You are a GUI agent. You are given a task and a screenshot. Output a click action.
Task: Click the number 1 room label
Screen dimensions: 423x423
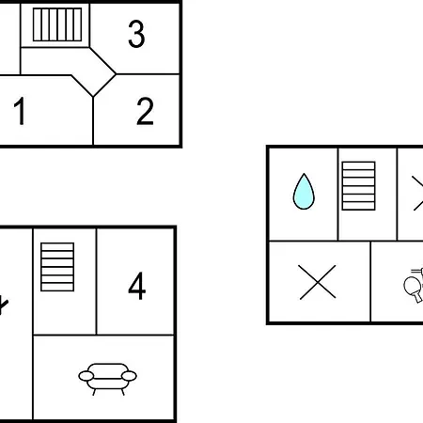(x=20, y=111)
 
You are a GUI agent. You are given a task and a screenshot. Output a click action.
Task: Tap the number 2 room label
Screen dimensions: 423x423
(x=145, y=111)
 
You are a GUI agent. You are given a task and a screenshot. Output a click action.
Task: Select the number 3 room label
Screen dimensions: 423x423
(x=136, y=34)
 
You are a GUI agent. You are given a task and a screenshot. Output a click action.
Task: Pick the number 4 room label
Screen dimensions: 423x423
(x=137, y=286)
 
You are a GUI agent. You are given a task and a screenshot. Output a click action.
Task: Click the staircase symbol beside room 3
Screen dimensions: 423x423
(x=57, y=24)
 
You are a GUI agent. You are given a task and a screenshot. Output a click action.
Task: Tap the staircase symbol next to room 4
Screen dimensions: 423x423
(x=57, y=267)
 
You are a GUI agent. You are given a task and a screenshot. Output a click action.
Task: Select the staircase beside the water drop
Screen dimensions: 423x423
(x=358, y=186)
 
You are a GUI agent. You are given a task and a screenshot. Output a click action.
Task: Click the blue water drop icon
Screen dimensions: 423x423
(x=304, y=192)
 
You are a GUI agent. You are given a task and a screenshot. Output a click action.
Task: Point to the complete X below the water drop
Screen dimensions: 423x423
(x=318, y=282)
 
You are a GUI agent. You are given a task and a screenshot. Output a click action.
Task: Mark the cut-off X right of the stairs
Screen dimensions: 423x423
(x=417, y=194)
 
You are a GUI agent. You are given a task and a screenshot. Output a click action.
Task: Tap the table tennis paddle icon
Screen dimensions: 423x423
(x=414, y=285)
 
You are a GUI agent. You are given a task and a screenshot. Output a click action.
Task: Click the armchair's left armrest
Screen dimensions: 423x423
(x=86, y=376)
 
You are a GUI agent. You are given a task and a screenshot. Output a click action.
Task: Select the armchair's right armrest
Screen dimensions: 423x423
(x=129, y=376)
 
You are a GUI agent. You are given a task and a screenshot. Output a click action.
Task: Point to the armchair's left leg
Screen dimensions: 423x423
(x=94, y=392)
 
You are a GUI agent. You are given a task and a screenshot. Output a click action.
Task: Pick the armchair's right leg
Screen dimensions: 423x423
(x=123, y=392)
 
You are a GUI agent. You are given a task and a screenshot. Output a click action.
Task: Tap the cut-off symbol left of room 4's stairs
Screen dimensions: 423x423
(x=3, y=305)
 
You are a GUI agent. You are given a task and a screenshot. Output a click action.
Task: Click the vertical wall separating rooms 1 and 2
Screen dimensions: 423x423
(x=93, y=121)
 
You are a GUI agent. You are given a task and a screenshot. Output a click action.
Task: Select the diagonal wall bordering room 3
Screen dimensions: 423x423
(x=102, y=61)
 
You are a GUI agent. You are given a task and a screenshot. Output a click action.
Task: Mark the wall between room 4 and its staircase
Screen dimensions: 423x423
(x=97, y=281)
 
